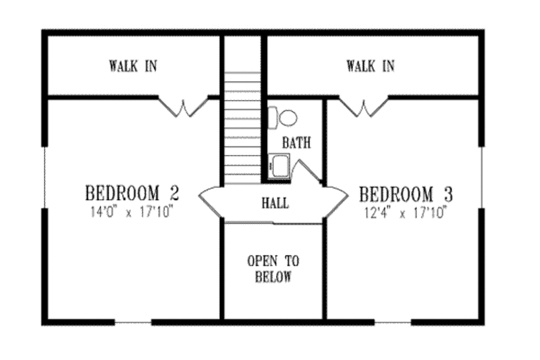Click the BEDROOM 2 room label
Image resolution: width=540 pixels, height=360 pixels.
[132, 192]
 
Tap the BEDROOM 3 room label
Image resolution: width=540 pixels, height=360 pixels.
[406, 195]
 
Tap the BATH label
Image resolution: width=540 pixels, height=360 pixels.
[296, 143]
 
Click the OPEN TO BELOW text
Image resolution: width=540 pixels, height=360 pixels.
[273, 269]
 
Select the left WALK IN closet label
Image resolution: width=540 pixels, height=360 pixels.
[133, 66]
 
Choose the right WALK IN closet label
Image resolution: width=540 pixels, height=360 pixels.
[371, 66]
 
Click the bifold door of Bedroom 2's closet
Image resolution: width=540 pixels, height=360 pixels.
[182, 106]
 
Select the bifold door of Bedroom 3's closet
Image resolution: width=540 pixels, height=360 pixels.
[363, 106]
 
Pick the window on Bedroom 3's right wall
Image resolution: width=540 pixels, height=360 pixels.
[482, 177]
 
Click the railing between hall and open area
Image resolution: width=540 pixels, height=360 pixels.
[273, 222]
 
